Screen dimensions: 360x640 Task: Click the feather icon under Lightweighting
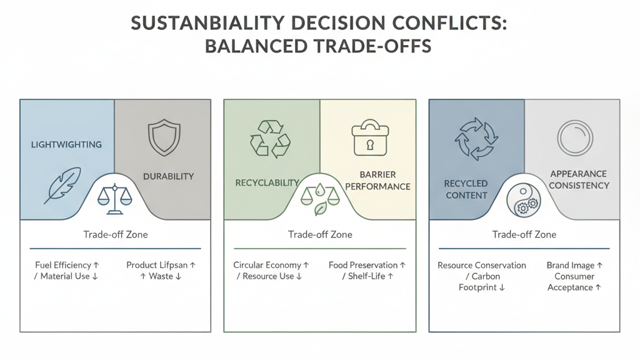(x=62, y=185)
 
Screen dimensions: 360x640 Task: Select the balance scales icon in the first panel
(x=115, y=199)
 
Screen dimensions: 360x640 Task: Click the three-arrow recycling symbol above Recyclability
(x=270, y=138)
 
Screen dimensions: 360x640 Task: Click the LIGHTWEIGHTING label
(x=66, y=144)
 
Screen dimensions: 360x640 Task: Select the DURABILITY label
(x=168, y=176)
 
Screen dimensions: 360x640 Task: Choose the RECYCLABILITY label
(x=267, y=182)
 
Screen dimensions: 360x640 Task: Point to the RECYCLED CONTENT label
(x=466, y=189)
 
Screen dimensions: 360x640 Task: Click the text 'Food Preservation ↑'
(x=367, y=265)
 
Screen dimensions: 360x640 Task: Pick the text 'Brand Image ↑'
(x=574, y=265)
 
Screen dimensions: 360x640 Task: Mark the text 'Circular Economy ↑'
(x=271, y=265)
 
